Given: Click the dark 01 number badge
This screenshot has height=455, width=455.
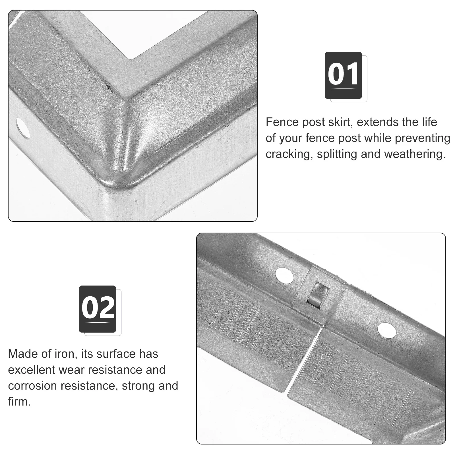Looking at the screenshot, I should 343,75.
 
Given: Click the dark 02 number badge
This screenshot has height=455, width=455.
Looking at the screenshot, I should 98,309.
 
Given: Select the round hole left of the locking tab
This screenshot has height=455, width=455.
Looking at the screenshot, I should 284,274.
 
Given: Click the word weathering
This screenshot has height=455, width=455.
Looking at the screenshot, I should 415,154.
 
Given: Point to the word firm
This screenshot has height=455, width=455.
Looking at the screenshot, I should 19,402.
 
